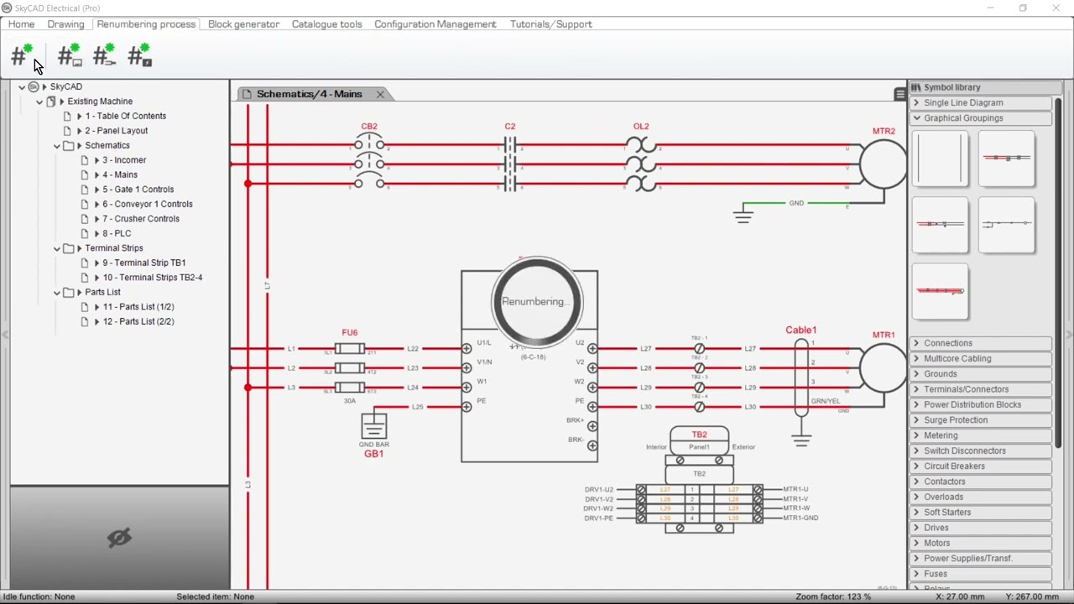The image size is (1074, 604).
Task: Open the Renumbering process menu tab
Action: (x=146, y=24)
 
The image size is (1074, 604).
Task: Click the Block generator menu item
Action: (x=243, y=24)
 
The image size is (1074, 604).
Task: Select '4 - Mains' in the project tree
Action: (x=120, y=174)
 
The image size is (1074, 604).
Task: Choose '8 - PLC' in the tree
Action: (x=117, y=233)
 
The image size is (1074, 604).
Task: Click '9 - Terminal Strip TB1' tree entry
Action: (x=143, y=263)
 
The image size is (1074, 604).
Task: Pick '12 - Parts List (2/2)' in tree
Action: (x=138, y=321)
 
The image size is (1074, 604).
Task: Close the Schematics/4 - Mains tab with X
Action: (x=380, y=94)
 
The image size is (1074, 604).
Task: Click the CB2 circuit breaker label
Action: (x=369, y=127)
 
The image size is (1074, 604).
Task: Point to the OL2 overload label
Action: (x=641, y=127)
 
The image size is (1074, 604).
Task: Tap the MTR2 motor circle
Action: (x=883, y=164)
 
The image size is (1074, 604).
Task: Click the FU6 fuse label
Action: (x=350, y=332)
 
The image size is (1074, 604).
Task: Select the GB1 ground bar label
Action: (x=373, y=454)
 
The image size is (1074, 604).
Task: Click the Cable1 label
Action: (x=800, y=330)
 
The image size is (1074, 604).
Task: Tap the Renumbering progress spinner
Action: (x=537, y=302)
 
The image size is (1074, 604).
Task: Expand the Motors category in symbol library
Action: (x=937, y=543)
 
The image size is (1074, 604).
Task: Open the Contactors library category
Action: (x=944, y=482)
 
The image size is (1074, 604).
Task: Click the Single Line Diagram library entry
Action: (x=963, y=102)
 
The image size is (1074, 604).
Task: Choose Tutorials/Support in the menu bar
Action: (x=550, y=24)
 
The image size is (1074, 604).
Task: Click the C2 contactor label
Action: (x=509, y=127)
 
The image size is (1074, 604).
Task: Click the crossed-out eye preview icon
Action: (x=119, y=538)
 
